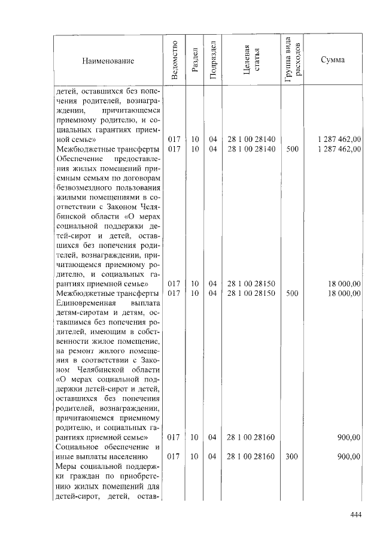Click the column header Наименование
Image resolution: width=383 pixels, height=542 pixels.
coord(108,60)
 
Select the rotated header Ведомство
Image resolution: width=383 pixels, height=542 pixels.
coord(174,60)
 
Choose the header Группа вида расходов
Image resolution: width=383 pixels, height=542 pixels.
coord(292,60)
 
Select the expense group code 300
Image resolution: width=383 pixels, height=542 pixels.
coord(292,456)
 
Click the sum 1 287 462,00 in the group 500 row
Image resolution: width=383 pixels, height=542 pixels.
coord(339,149)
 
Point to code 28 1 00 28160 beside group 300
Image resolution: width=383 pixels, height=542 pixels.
coord(251,456)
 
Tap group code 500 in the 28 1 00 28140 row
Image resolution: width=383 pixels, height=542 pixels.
coord(292,149)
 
